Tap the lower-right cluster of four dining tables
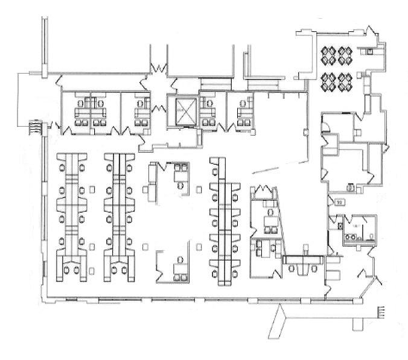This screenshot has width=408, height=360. pyautogui.click(x=345, y=81)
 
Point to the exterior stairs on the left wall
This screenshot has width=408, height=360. pyautogui.click(x=36, y=127)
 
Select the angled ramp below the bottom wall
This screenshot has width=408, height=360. pyautogui.click(x=281, y=321)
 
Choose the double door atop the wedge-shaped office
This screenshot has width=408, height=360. pyautogui.click(x=264, y=192)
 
